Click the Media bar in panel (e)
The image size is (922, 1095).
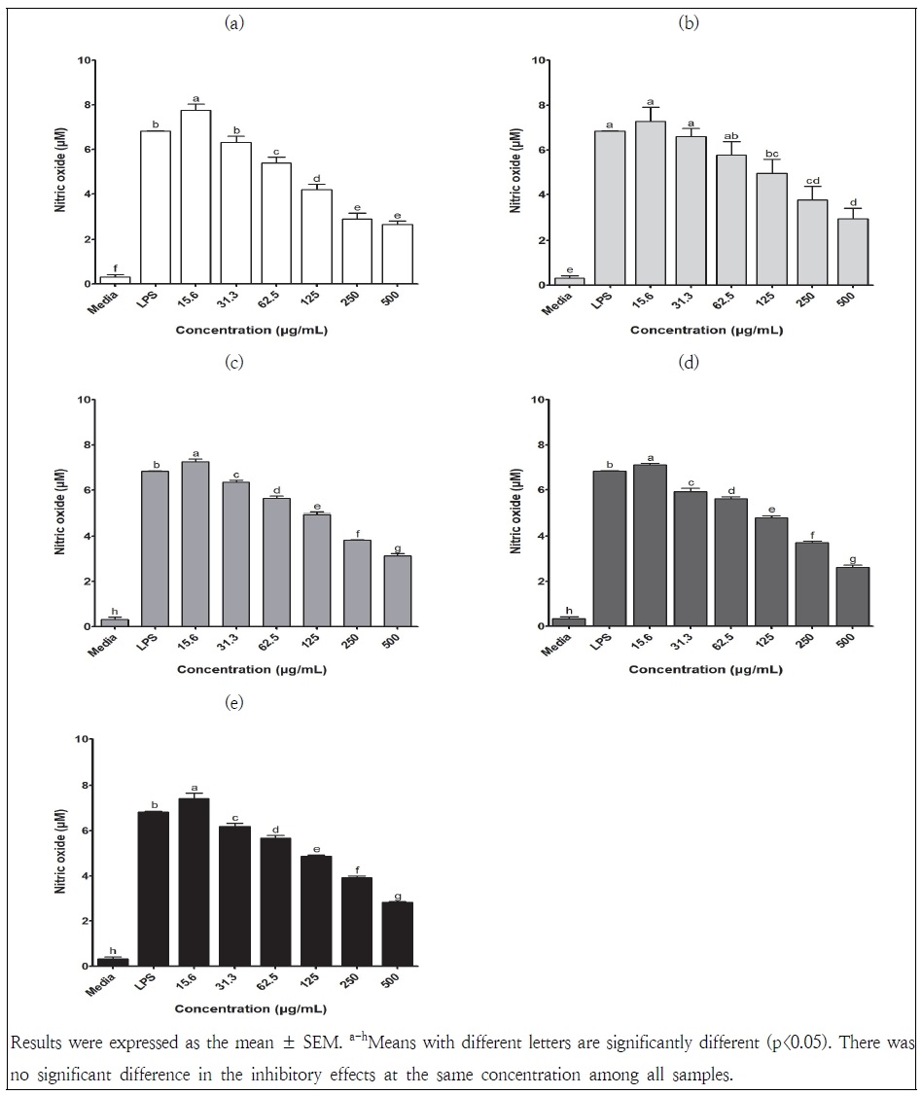(x=114, y=962)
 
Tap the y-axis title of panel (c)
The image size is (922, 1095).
(x=59, y=513)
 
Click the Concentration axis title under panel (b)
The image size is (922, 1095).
(x=707, y=331)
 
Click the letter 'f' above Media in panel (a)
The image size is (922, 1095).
(x=115, y=267)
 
